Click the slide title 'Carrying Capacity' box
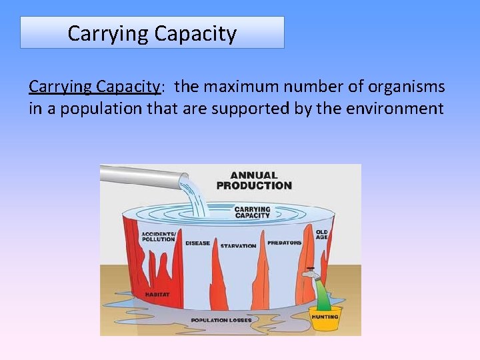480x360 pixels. [x=152, y=33]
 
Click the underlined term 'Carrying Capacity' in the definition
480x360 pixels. [x=94, y=87]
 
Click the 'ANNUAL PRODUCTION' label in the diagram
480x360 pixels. [x=254, y=180]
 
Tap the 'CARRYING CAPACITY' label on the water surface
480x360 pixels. [x=252, y=212]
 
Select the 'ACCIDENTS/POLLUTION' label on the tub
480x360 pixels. [x=158, y=237]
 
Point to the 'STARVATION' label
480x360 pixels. [x=238, y=246]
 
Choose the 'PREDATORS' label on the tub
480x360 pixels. [x=284, y=243]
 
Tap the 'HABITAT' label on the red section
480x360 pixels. [x=157, y=294]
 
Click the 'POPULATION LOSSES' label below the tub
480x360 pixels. [x=221, y=321]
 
